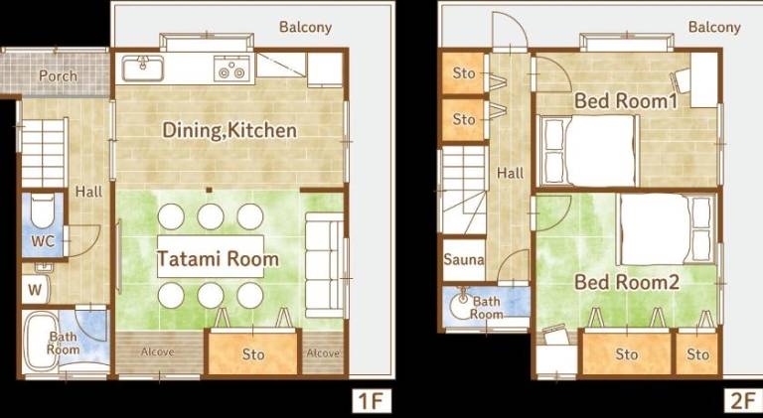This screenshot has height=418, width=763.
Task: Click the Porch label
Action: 58,76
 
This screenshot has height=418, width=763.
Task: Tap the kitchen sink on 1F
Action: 143,69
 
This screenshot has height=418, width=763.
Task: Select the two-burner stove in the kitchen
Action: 231,69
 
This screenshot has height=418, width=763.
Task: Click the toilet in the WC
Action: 43,209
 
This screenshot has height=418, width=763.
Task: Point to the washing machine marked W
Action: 35,290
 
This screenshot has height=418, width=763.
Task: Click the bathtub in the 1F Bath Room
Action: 41,342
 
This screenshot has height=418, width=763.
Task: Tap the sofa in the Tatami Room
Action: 325,265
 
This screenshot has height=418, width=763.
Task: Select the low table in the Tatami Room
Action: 211,256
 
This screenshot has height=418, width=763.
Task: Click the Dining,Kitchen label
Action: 229,130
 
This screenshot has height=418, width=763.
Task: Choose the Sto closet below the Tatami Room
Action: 253,352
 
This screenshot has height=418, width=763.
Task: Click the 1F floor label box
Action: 372,401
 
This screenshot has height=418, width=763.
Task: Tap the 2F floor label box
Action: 742,401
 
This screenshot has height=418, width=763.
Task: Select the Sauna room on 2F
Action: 464,259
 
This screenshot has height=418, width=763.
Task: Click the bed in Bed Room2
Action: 667,229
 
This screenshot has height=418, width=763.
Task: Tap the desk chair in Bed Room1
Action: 682,80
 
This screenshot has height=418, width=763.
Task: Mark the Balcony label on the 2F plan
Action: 714,27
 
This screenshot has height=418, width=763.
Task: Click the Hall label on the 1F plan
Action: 88,192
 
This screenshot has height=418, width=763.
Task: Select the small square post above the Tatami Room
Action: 209,190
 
